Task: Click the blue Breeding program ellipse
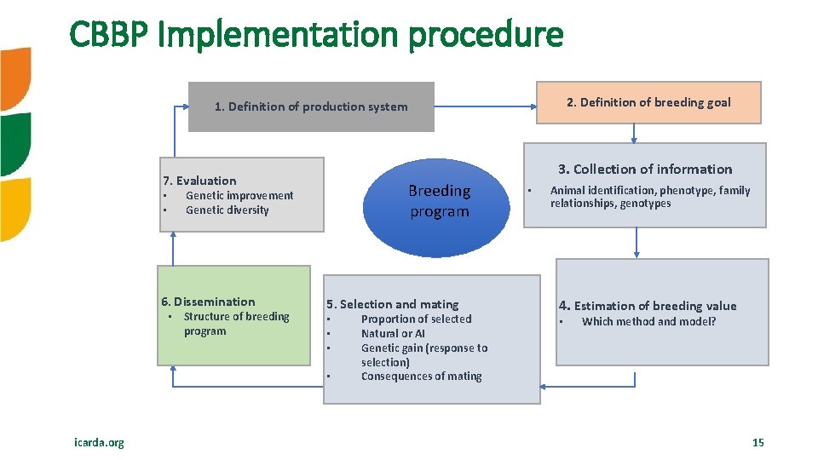pyautogui.click(x=439, y=201)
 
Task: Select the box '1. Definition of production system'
pyautogui.click(x=311, y=106)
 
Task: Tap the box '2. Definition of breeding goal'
pyautogui.click(x=648, y=102)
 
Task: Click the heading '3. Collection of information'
pyautogui.click(x=645, y=169)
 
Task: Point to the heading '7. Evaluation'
pyautogui.click(x=199, y=181)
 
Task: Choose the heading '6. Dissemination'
pyautogui.click(x=208, y=302)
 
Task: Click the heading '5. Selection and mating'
pyautogui.click(x=393, y=304)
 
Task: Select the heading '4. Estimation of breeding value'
pyautogui.click(x=648, y=306)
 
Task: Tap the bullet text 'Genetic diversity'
pyautogui.click(x=227, y=210)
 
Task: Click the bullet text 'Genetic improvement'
pyautogui.click(x=239, y=196)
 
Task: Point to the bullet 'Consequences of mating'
pyautogui.click(x=421, y=377)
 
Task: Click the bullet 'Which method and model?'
pyautogui.click(x=648, y=322)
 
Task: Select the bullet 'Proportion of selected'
pyautogui.click(x=416, y=319)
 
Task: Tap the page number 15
pyautogui.click(x=758, y=442)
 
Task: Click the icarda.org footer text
pyautogui.click(x=98, y=442)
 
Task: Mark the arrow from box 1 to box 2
pyautogui.click(x=486, y=106)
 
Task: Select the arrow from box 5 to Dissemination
pyautogui.click(x=247, y=386)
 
